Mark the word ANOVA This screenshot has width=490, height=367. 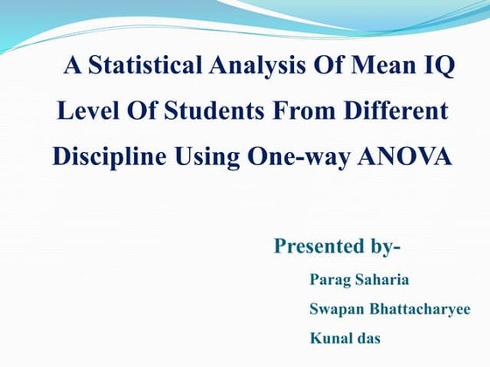(x=408, y=158)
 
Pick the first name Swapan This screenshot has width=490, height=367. (x=335, y=309)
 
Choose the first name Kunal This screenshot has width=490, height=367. (x=329, y=337)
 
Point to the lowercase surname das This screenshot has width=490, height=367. (x=367, y=337)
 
